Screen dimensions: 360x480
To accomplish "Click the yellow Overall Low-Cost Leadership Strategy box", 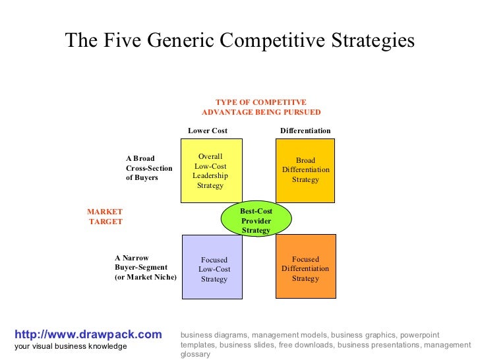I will tap(211, 171).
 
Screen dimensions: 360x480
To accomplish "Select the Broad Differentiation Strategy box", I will tap(305, 170).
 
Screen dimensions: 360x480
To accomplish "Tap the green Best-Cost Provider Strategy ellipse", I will tap(256, 220).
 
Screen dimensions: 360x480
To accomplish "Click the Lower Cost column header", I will tap(208, 131).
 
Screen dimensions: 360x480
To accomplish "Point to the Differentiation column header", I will tap(305, 131).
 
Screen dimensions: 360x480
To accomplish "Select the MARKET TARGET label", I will tap(105, 216).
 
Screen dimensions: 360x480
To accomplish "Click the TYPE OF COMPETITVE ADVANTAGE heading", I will tap(261, 107).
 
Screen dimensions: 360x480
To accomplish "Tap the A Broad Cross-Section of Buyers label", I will tap(149, 168).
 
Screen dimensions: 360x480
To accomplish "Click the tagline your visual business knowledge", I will tap(71, 346).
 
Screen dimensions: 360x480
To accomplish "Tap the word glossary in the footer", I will tap(195, 354).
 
